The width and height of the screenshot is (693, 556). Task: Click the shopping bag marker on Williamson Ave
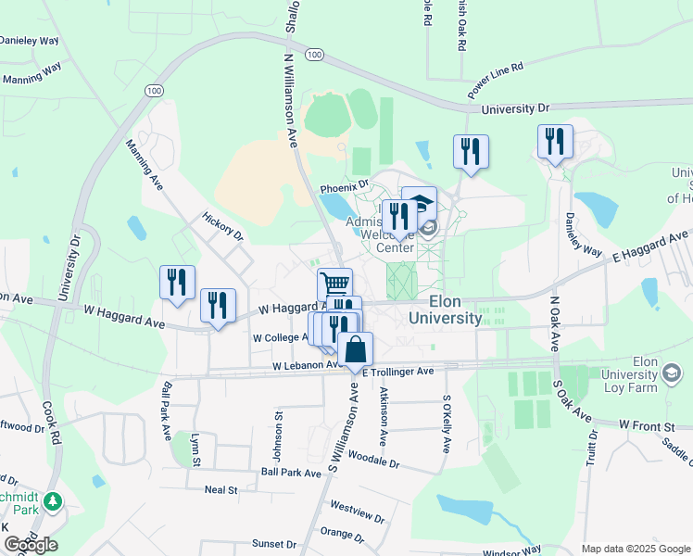[355, 350]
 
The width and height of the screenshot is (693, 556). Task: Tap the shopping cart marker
[334, 284]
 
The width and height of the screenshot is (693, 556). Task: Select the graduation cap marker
[419, 203]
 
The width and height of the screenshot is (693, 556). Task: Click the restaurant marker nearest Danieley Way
[555, 142]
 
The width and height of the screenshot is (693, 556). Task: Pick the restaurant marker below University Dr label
[471, 151]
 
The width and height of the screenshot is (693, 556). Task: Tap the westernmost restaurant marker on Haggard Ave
[177, 281]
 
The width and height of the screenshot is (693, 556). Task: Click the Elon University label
[443, 310]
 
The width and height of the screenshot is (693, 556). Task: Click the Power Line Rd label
[496, 80]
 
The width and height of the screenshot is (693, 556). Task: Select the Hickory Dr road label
[222, 225]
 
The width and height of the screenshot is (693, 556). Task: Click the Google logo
[31, 545]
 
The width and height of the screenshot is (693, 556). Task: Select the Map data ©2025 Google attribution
[635, 549]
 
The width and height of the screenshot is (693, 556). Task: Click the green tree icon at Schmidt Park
[54, 502]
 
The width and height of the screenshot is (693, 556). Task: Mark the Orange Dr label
[342, 534]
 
